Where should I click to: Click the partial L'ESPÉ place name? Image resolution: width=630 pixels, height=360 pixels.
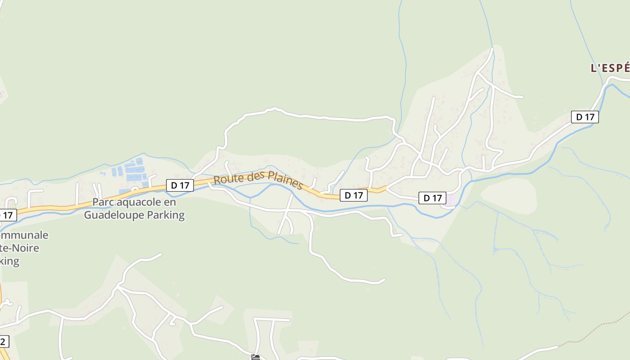pyautogui.click(x=610, y=68)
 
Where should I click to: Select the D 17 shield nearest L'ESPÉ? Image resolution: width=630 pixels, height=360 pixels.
pyautogui.click(x=585, y=117)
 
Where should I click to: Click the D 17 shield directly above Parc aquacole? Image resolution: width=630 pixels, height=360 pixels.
pyautogui.click(x=180, y=185)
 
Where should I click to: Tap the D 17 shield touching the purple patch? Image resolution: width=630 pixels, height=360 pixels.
pyautogui.click(x=432, y=198)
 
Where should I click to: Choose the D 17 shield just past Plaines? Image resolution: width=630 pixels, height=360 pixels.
pyautogui.click(x=353, y=195)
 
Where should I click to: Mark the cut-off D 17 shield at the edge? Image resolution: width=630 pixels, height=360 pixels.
pyautogui.click(x=7, y=215)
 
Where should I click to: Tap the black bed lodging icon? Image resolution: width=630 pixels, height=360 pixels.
pyautogui.click(x=256, y=357)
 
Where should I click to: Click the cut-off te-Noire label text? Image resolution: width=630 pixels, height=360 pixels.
pyautogui.click(x=20, y=248)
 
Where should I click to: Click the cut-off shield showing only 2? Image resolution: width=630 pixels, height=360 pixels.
pyautogui.click(x=4, y=342)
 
